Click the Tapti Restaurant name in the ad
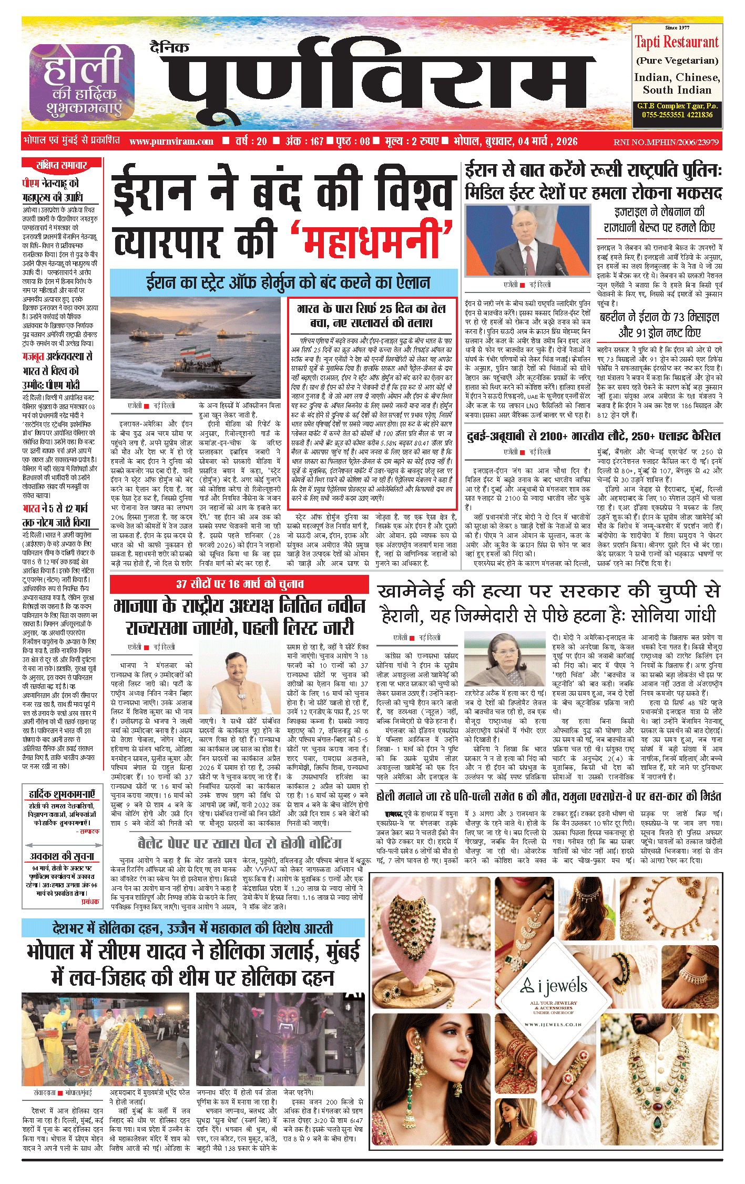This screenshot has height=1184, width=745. [676, 42]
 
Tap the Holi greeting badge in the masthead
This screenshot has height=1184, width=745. [81, 82]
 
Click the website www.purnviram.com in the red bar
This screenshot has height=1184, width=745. [171, 141]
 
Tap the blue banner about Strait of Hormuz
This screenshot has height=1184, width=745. [284, 283]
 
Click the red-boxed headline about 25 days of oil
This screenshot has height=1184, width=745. [372, 316]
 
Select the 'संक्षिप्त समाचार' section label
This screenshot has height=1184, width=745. [61, 165]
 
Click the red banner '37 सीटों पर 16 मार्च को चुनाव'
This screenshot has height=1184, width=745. [239, 584]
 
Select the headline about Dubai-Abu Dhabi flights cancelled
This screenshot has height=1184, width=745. [594, 436]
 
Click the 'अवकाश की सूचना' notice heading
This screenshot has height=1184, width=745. [62, 856]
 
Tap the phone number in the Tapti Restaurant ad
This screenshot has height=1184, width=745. [677, 115]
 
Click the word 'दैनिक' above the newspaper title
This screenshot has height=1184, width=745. [169, 48]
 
